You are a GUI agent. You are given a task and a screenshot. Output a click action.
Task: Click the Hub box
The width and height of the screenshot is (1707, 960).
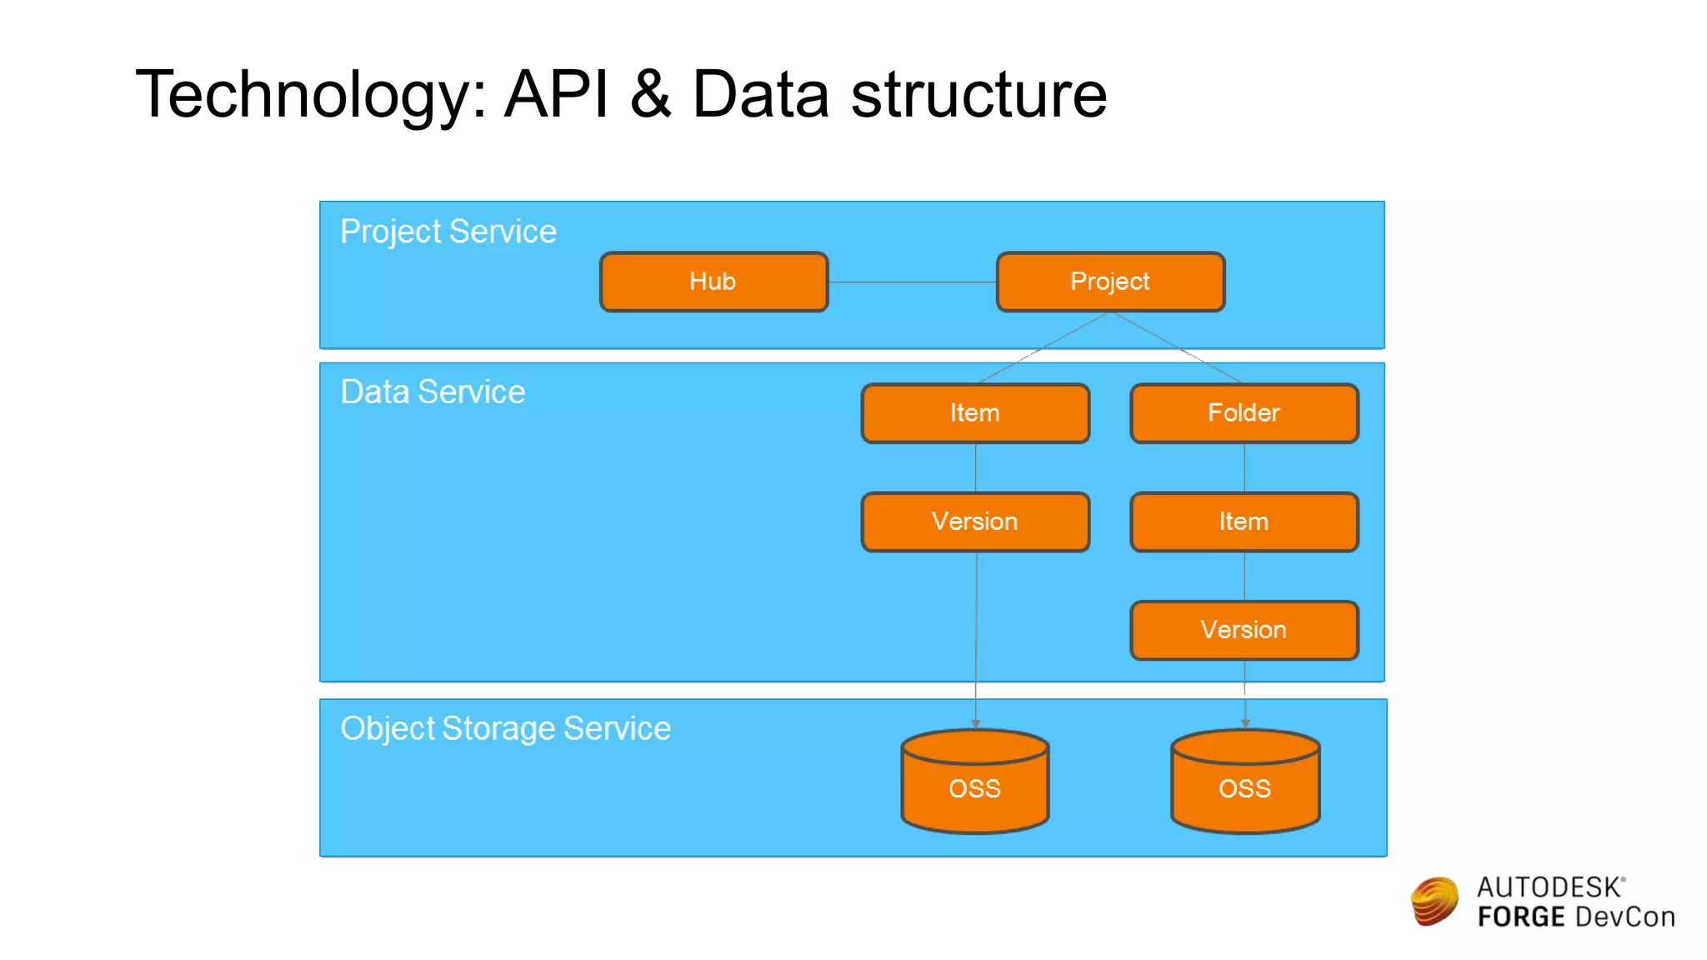pyautogui.click(x=713, y=282)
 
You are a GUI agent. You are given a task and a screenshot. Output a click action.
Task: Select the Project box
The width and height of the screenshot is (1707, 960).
pyautogui.click(x=1110, y=282)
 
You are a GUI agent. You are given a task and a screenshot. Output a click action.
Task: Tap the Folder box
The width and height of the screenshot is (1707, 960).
pyautogui.click(x=1244, y=412)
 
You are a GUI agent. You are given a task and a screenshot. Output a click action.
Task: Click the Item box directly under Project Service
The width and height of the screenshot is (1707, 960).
pyautogui.click(x=974, y=412)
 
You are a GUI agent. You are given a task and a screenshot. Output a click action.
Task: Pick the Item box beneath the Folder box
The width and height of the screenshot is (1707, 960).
pyautogui.click(x=1244, y=522)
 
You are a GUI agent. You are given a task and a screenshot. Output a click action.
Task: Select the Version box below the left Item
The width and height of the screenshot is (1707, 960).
pyautogui.click(x=974, y=522)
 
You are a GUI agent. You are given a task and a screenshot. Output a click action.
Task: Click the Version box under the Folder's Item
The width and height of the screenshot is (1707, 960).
pyautogui.click(x=1244, y=630)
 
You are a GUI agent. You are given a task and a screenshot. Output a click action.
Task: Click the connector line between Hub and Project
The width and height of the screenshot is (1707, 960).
pyautogui.click(x=912, y=282)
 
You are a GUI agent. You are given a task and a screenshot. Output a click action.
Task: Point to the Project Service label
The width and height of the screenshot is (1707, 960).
pyautogui.click(x=448, y=232)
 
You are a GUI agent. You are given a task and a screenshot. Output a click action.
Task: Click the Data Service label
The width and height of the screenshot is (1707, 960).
pyautogui.click(x=433, y=392)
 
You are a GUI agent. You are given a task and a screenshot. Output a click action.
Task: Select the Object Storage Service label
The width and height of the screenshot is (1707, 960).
pyautogui.click(x=505, y=728)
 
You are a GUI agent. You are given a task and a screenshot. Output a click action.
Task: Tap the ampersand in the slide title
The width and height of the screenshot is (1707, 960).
pyautogui.click(x=650, y=94)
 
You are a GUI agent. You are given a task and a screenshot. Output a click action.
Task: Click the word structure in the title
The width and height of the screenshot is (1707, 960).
pyautogui.click(x=979, y=94)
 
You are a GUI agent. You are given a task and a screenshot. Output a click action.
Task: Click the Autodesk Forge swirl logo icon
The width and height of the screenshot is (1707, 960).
pyautogui.click(x=1434, y=902)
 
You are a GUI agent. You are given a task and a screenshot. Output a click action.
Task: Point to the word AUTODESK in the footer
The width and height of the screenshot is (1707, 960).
pyautogui.click(x=1549, y=887)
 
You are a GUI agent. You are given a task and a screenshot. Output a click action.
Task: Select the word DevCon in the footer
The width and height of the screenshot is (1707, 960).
pyautogui.click(x=1625, y=917)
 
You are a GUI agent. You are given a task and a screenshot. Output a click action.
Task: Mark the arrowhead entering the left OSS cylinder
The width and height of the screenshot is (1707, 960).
pyautogui.click(x=975, y=724)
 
